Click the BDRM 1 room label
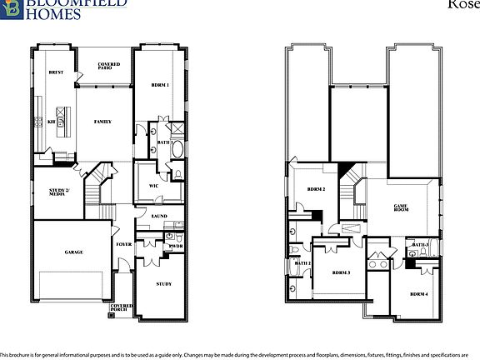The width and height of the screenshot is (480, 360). (x=161, y=85)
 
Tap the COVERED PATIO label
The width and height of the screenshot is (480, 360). (x=109, y=66)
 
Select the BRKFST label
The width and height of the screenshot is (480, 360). (x=56, y=72)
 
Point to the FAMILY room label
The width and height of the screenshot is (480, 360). (x=102, y=122)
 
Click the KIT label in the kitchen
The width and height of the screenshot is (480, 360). (x=50, y=122)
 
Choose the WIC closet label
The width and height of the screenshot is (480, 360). (x=153, y=186)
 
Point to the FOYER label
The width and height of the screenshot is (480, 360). (x=123, y=244)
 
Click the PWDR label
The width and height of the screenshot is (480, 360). (x=176, y=246)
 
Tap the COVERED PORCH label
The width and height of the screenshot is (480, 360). (x=122, y=308)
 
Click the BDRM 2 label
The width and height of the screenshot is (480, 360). (x=316, y=190)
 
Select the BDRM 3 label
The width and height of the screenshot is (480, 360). (x=341, y=272)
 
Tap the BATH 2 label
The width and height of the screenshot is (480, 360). (x=302, y=263)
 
